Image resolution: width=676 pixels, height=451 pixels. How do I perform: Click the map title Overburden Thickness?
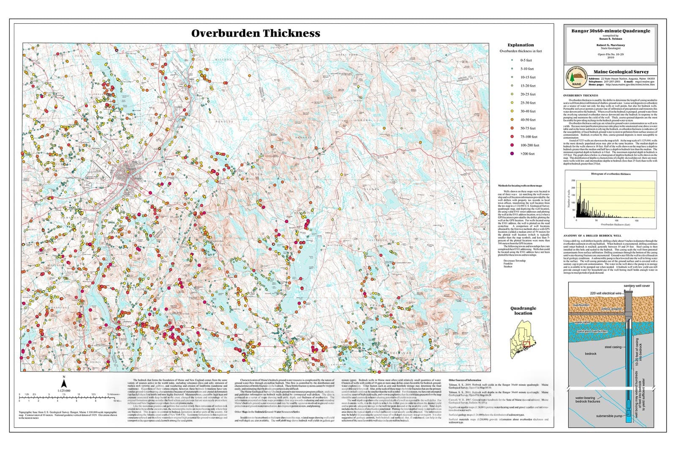(256, 33)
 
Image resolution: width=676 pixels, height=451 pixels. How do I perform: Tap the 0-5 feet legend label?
(526, 60)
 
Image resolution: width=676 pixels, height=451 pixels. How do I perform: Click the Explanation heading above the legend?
(521, 45)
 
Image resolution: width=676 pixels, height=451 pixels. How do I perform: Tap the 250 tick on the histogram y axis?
(573, 181)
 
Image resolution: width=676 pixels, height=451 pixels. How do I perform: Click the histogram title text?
(611, 174)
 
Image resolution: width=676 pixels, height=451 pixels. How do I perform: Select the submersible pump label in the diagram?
(609, 416)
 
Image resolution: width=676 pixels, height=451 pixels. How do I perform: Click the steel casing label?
(613, 347)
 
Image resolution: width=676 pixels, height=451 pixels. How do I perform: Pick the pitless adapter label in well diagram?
(611, 309)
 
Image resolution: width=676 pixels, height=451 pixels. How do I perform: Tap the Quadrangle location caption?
(523, 311)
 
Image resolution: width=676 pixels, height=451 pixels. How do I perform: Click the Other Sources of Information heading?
(465, 380)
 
